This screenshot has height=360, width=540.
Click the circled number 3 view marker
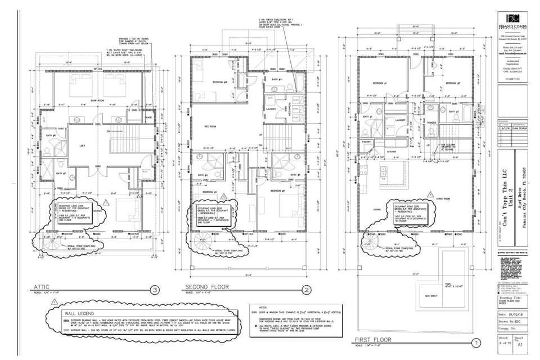point(154,290)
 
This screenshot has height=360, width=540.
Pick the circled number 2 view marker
point(307,290)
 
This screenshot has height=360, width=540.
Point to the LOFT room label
point(83,146)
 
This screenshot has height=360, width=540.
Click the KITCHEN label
point(391,152)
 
